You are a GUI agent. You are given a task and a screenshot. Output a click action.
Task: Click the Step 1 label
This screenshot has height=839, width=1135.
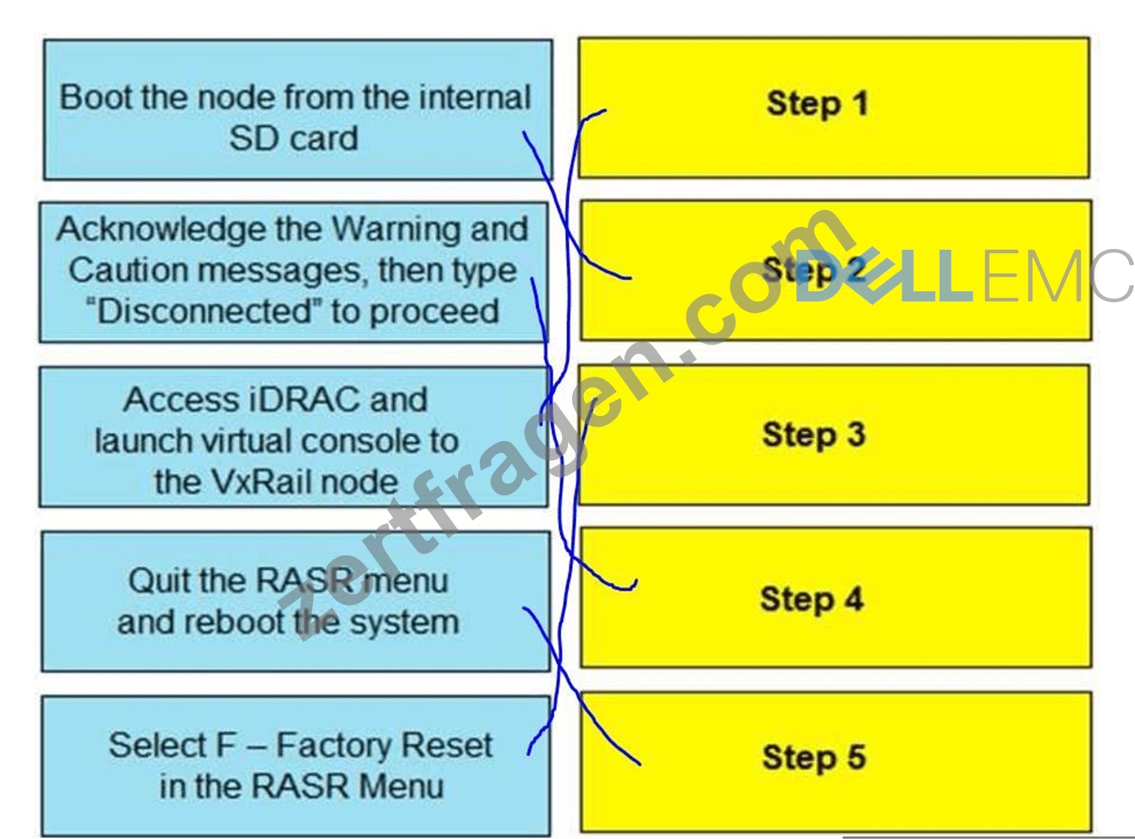818,104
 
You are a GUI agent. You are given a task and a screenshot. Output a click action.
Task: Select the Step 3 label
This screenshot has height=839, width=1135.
814,435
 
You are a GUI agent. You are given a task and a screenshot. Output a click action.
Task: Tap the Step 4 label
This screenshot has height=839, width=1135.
812,599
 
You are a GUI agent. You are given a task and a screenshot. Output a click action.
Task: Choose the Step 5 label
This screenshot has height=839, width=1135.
814,758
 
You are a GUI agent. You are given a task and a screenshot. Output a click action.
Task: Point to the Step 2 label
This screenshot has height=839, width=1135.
813,270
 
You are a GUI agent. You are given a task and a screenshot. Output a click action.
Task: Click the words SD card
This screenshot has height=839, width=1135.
293,139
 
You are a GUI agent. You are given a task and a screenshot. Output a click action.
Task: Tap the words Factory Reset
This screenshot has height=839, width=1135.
384,746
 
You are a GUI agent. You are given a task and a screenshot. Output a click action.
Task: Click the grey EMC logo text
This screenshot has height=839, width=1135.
1057,277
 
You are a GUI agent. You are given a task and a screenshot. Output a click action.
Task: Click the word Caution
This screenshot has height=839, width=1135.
129,270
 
